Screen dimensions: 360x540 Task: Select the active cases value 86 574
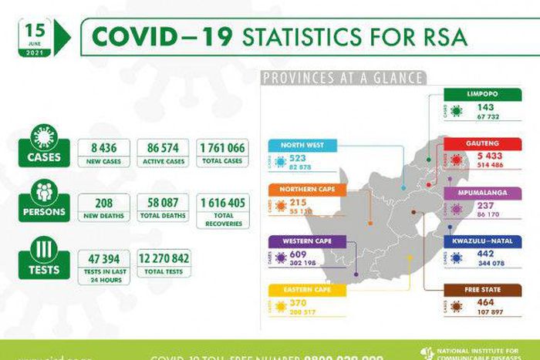click(x=163, y=149)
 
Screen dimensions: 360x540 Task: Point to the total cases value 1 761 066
click(x=221, y=149)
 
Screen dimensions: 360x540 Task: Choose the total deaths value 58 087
click(x=163, y=203)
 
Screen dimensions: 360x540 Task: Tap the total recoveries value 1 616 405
click(x=221, y=203)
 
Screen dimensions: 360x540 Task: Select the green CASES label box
click(x=45, y=157)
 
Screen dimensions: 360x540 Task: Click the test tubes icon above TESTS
click(x=45, y=249)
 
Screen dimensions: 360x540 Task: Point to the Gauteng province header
click(x=482, y=143)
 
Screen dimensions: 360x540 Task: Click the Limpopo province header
click(x=482, y=94)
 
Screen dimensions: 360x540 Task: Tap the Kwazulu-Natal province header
click(x=482, y=241)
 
